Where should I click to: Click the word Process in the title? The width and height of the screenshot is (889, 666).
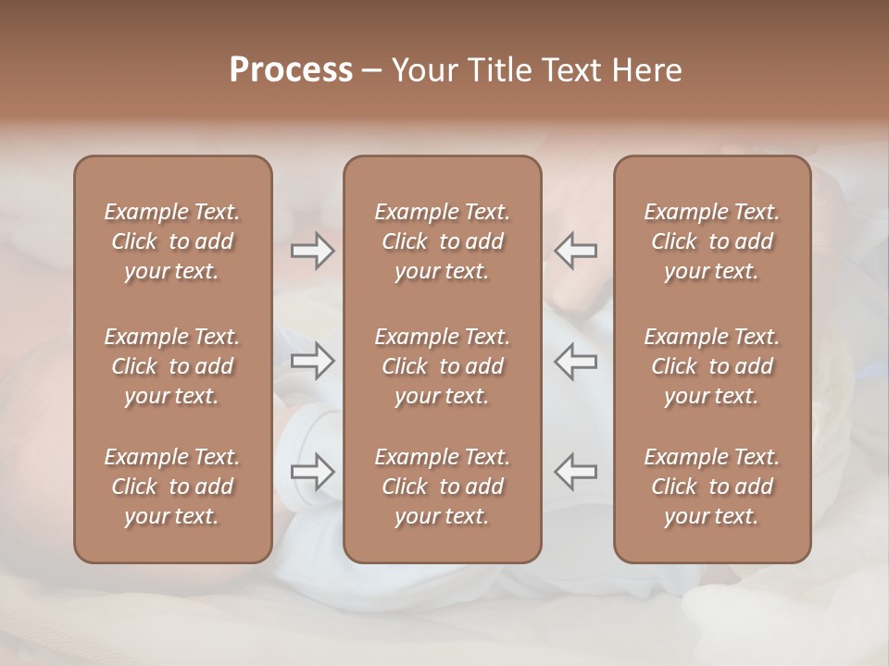[x=291, y=70]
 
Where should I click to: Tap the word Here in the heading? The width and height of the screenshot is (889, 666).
[x=646, y=70]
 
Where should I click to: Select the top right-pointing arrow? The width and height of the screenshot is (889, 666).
[x=312, y=251]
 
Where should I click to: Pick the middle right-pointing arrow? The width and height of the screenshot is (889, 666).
[x=312, y=361]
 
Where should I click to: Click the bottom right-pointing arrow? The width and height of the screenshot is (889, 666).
[x=312, y=472]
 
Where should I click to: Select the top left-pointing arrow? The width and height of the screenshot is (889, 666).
[x=576, y=251]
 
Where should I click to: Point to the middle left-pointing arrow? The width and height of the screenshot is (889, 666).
[x=576, y=361]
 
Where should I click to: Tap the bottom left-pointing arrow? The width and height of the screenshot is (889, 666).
[x=576, y=472]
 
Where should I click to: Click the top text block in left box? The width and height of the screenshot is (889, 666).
[x=172, y=241]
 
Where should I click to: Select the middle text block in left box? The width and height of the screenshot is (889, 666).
[x=172, y=366]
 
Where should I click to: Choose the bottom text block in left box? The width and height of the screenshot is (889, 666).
[x=172, y=487]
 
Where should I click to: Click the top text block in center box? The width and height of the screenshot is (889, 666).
[x=442, y=241]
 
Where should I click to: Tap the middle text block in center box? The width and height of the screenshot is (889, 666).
[x=442, y=366]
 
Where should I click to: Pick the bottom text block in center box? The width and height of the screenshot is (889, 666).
[x=442, y=487]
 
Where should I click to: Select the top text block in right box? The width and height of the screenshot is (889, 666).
[x=712, y=241]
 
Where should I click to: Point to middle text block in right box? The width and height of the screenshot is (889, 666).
[x=712, y=366]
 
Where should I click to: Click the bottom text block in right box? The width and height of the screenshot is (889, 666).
[x=712, y=487]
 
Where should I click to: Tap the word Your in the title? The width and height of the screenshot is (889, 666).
[x=424, y=70]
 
